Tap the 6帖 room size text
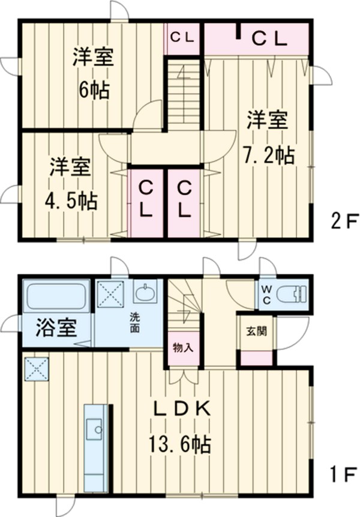pyautogui.click(x=92, y=91)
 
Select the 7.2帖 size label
pyautogui.click(x=268, y=156)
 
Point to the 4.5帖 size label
pyautogui.click(x=71, y=199)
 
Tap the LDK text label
pyautogui.click(x=179, y=410)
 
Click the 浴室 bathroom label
pyautogui.click(x=56, y=328)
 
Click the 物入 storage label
pyautogui.click(x=182, y=348)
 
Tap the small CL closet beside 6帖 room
pyautogui.click(x=182, y=38)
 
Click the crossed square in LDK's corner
pyautogui.click(x=36, y=369)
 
